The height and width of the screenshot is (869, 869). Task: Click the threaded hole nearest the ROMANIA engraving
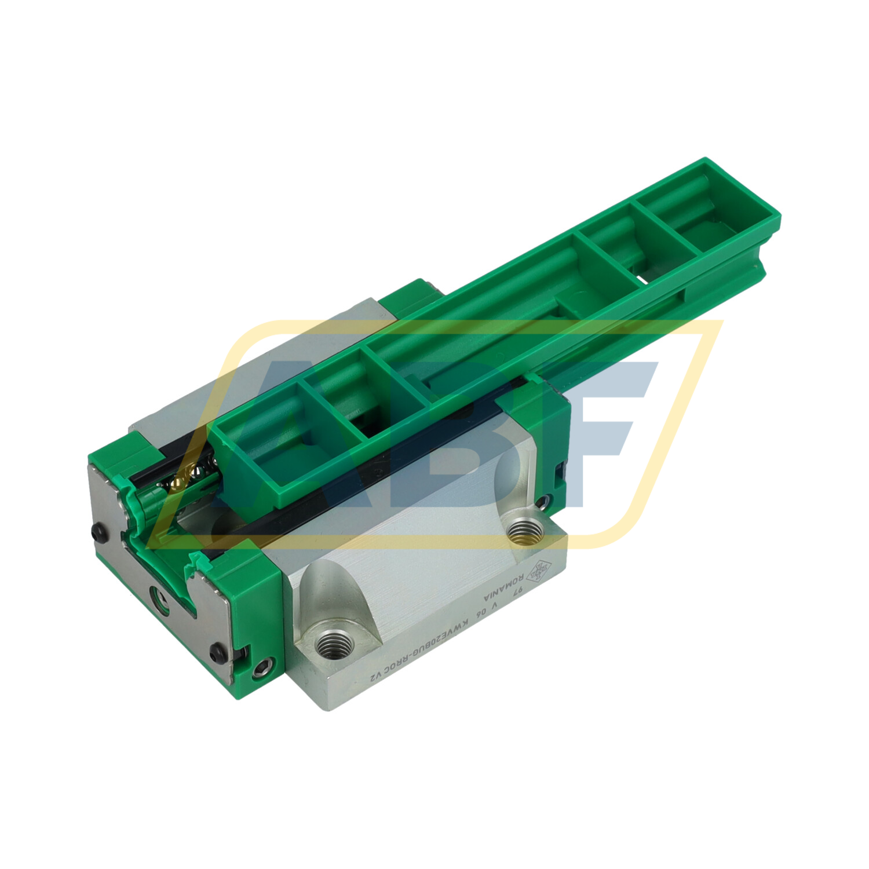[x=524, y=530]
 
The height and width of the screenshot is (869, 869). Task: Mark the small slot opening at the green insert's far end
[x=647, y=279]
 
